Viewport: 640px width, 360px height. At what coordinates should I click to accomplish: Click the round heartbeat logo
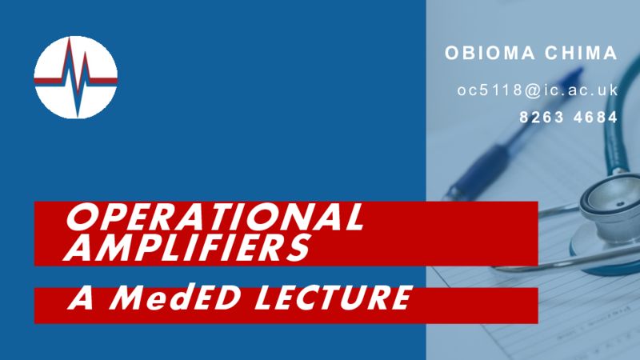[x=75, y=78]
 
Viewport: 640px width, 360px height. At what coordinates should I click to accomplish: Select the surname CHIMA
[x=581, y=53]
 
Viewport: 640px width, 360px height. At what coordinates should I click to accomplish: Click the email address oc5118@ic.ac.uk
[x=538, y=90]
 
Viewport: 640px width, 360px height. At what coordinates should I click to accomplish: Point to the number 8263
[x=542, y=118]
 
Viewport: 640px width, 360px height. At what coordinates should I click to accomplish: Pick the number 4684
[x=595, y=118]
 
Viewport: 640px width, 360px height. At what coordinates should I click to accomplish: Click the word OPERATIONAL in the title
[x=214, y=216]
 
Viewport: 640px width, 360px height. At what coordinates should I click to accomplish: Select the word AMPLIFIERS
[x=187, y=248]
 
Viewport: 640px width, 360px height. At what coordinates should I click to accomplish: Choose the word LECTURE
[x=334, y=297]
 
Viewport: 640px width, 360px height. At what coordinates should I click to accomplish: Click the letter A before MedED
[x=82, y=297]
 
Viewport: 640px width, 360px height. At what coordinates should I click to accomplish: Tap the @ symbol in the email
[x=533, y=90]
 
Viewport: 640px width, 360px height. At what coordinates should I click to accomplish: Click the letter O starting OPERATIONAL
[x=81, y=216]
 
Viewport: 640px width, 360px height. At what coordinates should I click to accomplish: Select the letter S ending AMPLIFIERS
[x=297, y=248]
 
